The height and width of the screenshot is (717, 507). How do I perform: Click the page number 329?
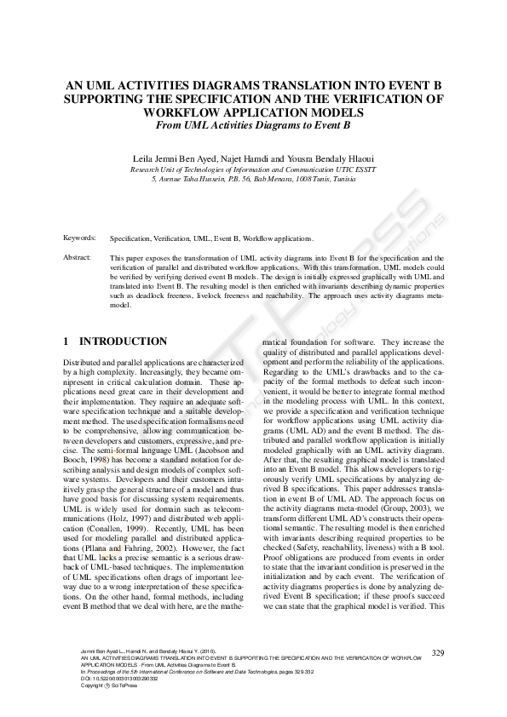point(439,653)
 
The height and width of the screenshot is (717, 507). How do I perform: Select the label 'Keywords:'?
point(78,239)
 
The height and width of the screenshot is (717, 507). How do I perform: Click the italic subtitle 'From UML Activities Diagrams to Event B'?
point(253,124)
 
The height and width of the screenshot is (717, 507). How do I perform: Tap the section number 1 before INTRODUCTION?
point(66,341)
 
